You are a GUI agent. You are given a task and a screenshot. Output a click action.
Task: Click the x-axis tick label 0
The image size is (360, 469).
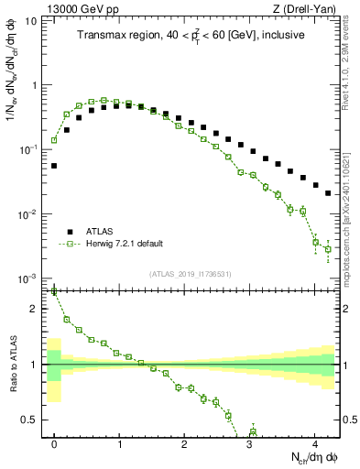coord(54,443)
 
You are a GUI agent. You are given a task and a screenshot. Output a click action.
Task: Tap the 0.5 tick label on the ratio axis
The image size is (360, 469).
coord(29,420)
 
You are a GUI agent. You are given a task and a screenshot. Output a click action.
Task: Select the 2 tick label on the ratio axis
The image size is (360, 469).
coord(35,309)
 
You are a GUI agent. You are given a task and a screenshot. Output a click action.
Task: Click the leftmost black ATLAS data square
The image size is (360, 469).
coord(54,166)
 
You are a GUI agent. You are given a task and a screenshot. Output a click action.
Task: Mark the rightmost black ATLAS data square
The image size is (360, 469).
coord(328,192)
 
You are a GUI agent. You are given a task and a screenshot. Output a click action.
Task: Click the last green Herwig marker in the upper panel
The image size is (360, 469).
coord(328,249)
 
